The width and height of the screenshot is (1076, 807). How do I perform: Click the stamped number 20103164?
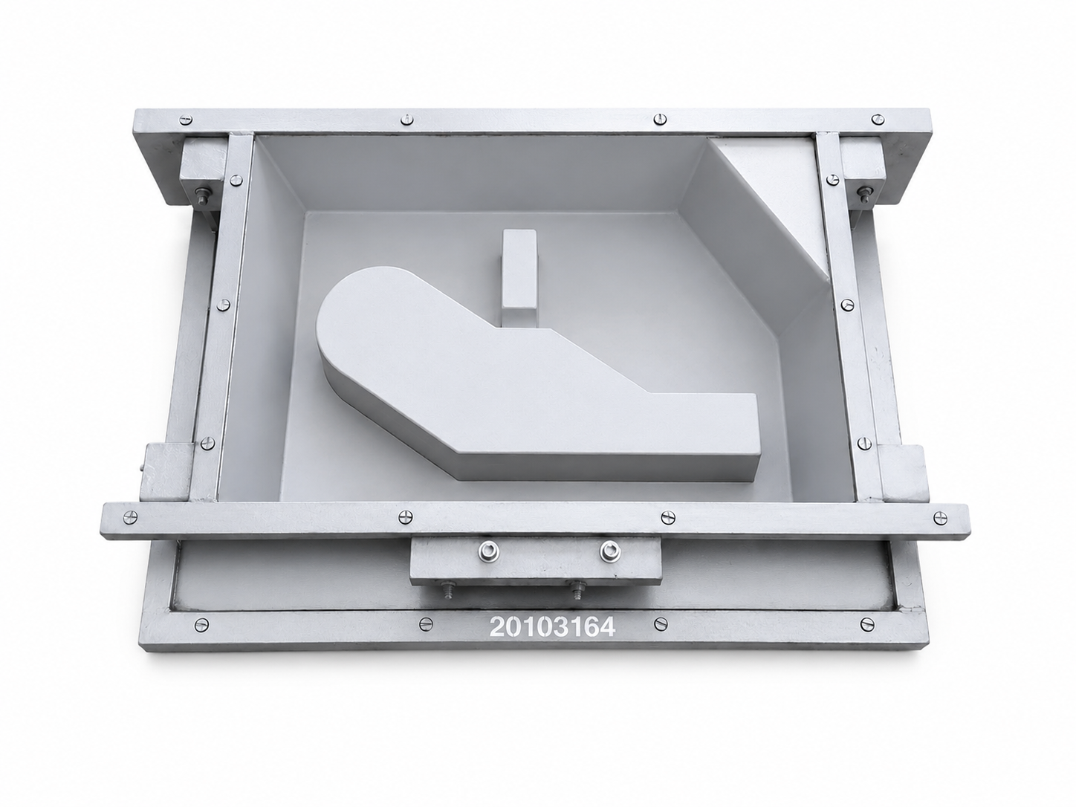[x=552, y=626]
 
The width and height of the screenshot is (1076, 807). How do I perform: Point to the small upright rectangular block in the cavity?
[x=519, y=278]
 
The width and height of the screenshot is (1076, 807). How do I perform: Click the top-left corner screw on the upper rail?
[x=187, y=120]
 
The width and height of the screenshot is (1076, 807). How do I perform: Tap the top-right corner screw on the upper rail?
[x=878, y=119]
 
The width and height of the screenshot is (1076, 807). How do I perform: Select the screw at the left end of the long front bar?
[x=129, y=517]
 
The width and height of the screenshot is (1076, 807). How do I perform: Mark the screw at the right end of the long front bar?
[x=940, y=517]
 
